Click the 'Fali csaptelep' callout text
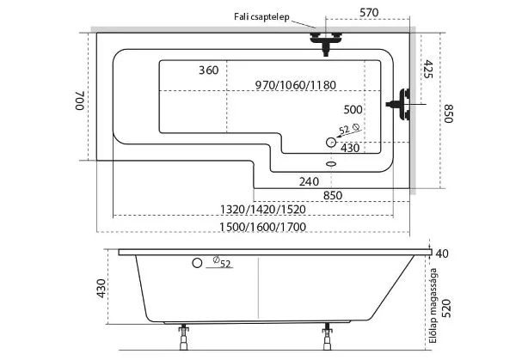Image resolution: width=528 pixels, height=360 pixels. coord(261,17)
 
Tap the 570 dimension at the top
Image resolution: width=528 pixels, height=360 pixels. coord(369,13)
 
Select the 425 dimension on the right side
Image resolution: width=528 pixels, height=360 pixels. coord(427,70)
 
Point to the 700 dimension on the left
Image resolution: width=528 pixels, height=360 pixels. coord(79,101)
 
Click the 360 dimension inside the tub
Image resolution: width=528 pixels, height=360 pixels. coord(208,70)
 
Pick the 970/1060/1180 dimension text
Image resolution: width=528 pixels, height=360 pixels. coord(295,85)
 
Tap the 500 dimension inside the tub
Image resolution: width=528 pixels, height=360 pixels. coord(353,110)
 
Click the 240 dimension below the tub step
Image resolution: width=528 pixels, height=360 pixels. coord(309,181)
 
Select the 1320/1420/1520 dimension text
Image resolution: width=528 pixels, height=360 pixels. coord(262,210)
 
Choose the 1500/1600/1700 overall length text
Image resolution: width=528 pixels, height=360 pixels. coord(262,227)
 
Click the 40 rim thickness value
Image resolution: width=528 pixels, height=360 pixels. coord(442,253)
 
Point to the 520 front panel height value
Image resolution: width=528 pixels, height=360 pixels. coord(446,308)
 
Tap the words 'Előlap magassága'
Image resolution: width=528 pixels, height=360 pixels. coord(433,306)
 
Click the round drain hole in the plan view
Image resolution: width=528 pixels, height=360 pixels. coord(331,143)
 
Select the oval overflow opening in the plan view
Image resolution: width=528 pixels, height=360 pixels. coord(331,164)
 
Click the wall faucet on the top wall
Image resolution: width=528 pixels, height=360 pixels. coord(326,43)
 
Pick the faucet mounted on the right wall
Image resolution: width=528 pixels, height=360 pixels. coord(399,104)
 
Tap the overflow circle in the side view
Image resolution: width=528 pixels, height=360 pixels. coord(197,263)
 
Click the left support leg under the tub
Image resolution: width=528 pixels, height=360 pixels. coord(183,337)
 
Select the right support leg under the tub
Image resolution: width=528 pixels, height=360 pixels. coord(327,337)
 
